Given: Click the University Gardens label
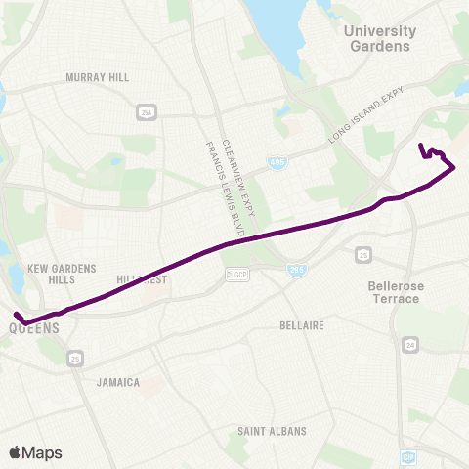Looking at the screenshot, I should (x=380, y=38).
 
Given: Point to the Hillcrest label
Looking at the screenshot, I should (x=143, y=278).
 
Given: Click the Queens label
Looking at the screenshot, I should (x=34, y=329).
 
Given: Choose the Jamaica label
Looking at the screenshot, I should (x=117, y=383).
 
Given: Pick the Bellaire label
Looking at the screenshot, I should (x=301, y=325).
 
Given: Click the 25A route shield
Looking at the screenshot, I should (x=146, y=111).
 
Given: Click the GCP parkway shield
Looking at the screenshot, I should (x=235, y=275).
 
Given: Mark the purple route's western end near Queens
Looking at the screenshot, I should (x=18, y=315).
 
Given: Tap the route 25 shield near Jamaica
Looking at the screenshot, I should (x=75, y=361).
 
